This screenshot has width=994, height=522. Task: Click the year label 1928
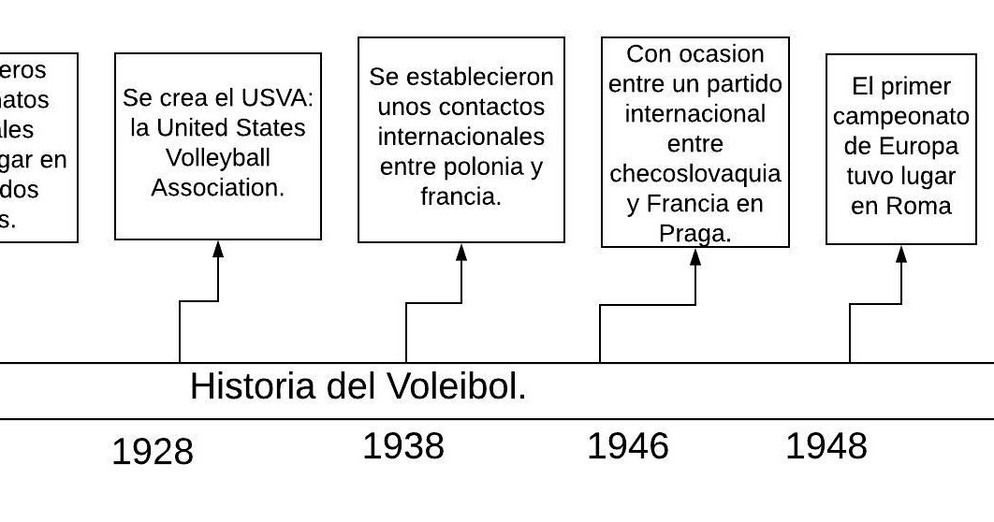click(152, 453)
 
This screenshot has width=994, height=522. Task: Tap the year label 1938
click(402, 447)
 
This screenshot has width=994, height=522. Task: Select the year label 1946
click(627, 447)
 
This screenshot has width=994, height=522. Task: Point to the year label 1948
click(826, 447)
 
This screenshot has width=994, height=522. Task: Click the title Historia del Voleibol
click(358, 386)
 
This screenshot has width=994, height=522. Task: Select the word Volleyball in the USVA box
click(217, 157)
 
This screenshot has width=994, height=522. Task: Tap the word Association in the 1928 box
click(217, 187)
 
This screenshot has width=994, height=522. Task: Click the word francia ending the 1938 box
click(460, 196)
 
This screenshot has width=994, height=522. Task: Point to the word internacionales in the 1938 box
click(460, 137)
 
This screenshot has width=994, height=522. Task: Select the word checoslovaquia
click(694, 174)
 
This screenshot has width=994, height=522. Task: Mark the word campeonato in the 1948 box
click(900, 117)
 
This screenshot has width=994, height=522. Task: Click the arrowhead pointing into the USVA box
click(218, 249)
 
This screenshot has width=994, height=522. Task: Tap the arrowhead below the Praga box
click(695, 256)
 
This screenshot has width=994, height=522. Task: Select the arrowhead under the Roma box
click(901, 254)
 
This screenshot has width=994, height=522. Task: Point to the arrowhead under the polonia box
click(461, 252)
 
